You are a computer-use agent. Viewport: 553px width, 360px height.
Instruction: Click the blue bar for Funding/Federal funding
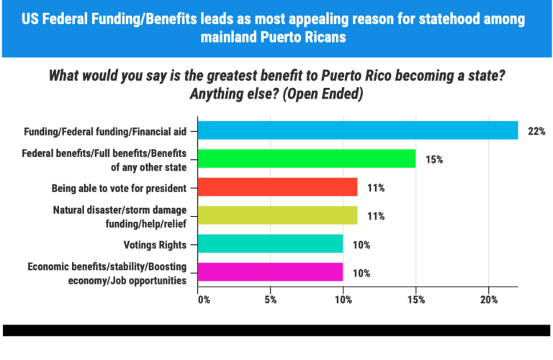point(358,130)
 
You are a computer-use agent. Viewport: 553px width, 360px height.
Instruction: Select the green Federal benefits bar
point(307,158)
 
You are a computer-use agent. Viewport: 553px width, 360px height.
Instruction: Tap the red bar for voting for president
point(278,187)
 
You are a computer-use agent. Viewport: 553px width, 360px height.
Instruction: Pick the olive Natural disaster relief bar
point(278,215)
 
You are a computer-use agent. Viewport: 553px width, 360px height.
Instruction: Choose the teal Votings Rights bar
point(271,244)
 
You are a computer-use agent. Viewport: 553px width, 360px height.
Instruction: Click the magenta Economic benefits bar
point(271,272)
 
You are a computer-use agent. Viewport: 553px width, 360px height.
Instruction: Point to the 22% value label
point(536,131)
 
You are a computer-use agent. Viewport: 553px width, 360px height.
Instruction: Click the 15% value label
point(434,159)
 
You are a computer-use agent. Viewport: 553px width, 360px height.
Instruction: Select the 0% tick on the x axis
point(202,299)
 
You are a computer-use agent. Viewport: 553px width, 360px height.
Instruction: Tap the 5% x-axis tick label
point(270,299)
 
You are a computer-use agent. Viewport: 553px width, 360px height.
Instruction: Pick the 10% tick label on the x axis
point(343,299)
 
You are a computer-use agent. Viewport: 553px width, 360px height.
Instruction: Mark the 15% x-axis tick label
point(416,299)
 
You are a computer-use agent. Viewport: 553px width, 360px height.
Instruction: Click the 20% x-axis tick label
point(489,299)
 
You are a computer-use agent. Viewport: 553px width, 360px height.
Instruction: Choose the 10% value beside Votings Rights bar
point(361,245)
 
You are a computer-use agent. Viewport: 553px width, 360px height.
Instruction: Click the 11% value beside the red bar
point(376,188)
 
